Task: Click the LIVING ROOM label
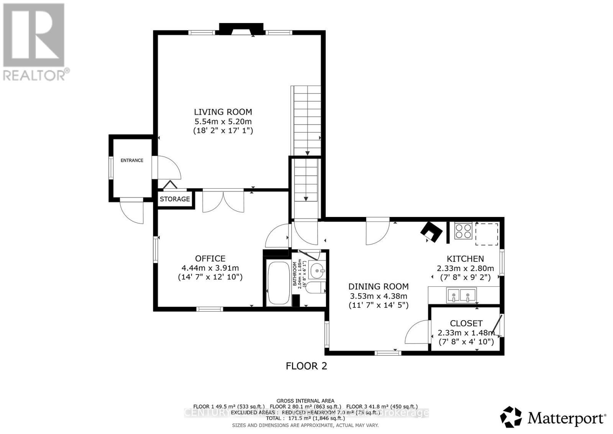point(223,112)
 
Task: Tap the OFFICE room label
point(210,258)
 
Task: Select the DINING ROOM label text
point(378,286)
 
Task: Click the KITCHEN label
point(465,259)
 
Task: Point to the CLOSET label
point(466,323)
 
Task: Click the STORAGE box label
point(175,199)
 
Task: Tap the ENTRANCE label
point(132,160)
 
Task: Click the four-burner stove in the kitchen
point(463,231)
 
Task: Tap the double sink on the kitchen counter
point(461,295)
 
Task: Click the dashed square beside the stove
point(487,234)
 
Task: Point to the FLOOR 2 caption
point(306,366)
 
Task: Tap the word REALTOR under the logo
point(34,74)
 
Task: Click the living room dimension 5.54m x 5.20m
point(223,122)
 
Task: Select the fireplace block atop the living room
point(241,28)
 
